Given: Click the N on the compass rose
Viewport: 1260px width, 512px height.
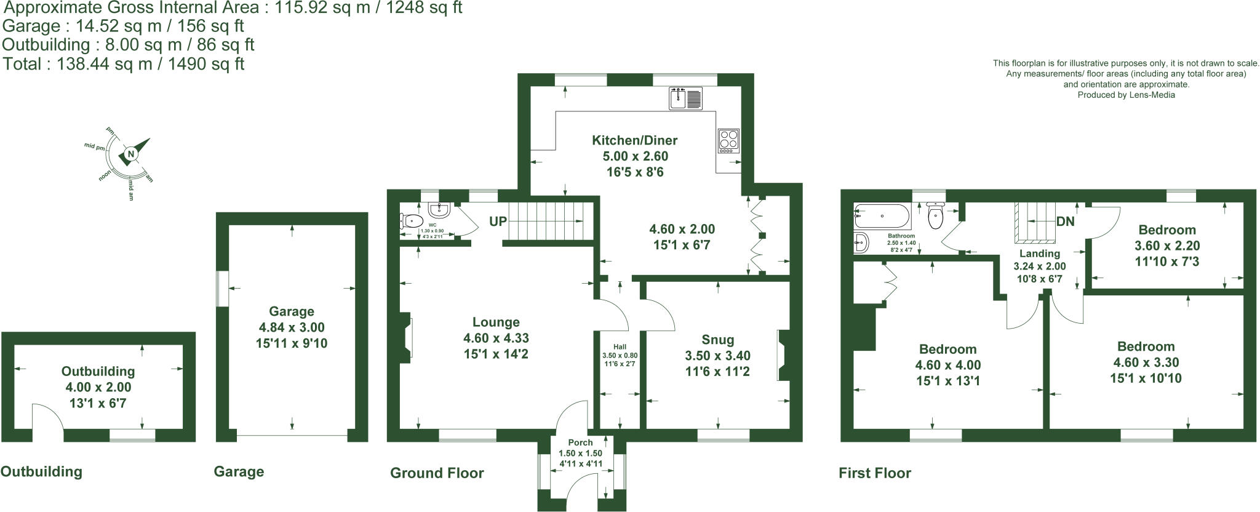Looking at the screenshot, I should [130, 154].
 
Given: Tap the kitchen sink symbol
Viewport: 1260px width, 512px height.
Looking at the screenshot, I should [686, 99].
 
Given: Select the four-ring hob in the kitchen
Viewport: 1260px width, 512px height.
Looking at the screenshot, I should [728, 141].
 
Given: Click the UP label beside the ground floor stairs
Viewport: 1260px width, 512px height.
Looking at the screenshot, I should [498, 221].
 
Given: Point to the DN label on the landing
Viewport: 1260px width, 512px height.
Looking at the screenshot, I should [1065, 222].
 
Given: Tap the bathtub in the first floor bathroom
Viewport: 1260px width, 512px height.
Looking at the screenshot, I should [882, 217].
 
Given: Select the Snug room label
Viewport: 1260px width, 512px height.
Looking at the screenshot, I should [717, 340].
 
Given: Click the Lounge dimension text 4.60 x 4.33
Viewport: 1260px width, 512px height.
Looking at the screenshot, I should [496, 338].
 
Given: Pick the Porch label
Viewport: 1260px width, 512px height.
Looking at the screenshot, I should [580, 442].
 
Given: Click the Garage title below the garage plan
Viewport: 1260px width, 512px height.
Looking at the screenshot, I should [239, 472].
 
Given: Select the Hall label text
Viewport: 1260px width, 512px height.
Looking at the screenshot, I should [620, 347].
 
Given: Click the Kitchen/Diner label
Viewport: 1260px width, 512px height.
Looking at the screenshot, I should [634, 140].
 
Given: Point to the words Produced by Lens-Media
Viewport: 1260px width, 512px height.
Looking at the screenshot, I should [1126, 95].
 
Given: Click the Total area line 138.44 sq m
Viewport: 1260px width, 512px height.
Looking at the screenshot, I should [124, 64].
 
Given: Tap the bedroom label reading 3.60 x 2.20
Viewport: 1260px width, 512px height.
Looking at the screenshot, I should [1166, 246].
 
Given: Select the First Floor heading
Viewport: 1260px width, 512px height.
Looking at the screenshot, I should [874, 473].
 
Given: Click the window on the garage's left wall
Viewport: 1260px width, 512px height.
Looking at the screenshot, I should [221, 289].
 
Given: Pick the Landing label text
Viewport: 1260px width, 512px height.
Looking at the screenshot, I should [1040, 254].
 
